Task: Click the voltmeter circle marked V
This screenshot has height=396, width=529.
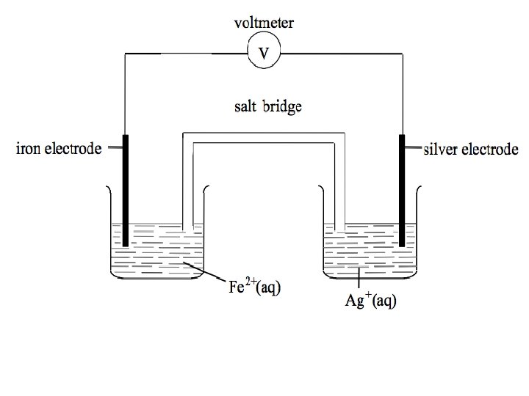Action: [x=264, y=52]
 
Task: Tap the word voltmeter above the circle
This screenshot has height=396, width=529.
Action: [x=264, y=23]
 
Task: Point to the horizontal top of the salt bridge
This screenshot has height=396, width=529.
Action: [x=264, y=137]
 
